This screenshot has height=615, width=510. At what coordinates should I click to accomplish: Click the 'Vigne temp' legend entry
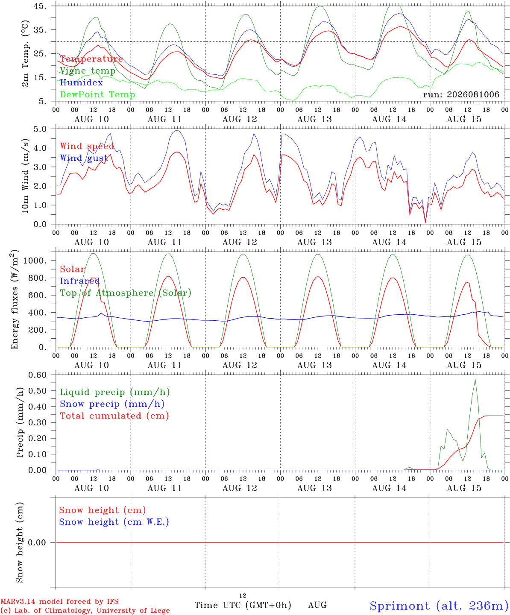tap(88, 71)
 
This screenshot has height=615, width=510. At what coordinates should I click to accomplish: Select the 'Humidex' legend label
tap(81, 82)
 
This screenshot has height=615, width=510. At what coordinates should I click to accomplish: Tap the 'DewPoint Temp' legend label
tap(97, 94)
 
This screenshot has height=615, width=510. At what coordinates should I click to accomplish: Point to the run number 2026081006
tap(473, 94)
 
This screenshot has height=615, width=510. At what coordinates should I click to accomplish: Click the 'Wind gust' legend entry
tap(84, 158)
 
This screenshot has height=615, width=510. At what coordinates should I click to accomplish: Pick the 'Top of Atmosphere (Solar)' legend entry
tap(126, 293)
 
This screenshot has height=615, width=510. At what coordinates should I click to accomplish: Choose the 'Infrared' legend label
tap(80, 281)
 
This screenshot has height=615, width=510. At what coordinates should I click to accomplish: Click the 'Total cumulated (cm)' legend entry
tap(114, 416)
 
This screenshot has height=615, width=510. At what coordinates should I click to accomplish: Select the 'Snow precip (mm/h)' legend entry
tap(112, 404)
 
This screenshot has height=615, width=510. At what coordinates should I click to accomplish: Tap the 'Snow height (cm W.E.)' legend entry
tap(114, 521)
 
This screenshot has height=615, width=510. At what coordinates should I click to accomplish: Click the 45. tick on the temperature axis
tap(40, 6)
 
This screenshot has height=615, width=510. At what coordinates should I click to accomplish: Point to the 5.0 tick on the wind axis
tap(40, 129)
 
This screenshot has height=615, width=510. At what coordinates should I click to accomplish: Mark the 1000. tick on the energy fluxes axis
tap(35, 261)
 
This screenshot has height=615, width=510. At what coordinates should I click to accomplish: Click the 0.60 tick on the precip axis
tap(38, 375)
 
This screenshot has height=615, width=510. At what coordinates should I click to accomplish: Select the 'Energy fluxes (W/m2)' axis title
tap(15, 299)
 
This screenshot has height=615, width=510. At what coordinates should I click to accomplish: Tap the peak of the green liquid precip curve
tap(475, 380)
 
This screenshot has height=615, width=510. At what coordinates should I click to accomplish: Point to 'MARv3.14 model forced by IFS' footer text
tap(59, 601)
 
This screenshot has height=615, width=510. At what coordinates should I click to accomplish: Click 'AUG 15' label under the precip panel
tap(464, 488)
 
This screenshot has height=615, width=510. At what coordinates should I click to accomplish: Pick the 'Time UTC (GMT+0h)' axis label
tap(243, 605)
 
